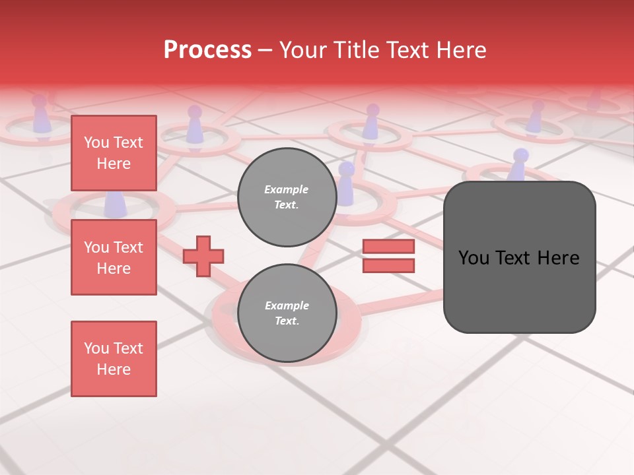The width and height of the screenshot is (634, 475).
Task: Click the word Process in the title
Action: tap(207, 50)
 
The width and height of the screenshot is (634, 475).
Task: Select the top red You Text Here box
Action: tap(114, 153)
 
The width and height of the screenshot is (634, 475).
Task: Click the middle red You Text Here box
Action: tap(114, 257)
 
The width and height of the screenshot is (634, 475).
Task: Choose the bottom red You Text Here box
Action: tap(114, 359)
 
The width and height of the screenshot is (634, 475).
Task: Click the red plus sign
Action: tap(203, 256)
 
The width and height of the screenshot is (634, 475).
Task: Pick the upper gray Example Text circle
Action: tap(287, 197)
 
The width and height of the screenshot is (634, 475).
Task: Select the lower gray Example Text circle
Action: tap(287, 313)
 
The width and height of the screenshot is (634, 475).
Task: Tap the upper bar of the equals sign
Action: tap(388, 247)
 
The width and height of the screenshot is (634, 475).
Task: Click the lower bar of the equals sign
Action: tap(388, 265)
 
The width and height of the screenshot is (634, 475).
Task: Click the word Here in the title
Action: tap(461, 50)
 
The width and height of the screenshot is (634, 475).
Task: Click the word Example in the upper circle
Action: tap(287, 189)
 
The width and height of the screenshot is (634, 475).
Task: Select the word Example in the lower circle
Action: tap(287, 305)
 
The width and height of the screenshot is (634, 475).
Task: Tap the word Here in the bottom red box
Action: tap(114, 369)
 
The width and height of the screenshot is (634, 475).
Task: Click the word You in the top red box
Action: tap(96, 142)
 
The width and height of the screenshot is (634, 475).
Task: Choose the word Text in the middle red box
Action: tap(128, 247)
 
